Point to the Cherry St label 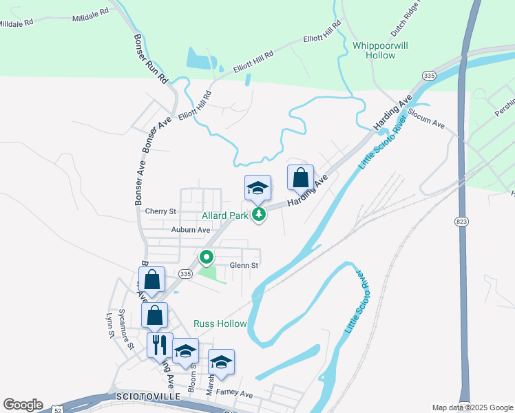click(161, 211)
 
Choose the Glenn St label click(244, 266)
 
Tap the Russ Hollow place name click(220, 324)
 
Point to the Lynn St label click(108, 325)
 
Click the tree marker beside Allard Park click(259, 215)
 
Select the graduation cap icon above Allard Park click(258, 188)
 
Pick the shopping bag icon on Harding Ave click(300, 178)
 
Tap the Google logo click(22, 405)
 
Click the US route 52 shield click(59, 410)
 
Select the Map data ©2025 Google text click(472, 407)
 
